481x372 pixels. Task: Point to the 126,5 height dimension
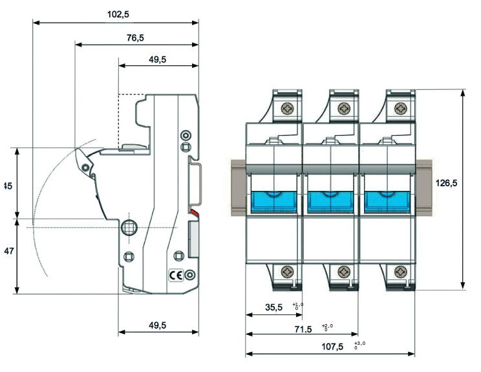446,183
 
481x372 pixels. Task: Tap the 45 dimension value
7,186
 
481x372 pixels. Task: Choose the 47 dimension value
7,250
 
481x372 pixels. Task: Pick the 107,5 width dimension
332,347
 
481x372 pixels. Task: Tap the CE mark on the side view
175,274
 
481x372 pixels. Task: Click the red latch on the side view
193,213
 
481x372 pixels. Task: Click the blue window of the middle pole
330,201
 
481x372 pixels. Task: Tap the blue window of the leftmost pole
273,201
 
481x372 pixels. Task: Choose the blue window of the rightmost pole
387,201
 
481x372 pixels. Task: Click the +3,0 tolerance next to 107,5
359,345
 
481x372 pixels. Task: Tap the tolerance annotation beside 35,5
297,306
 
